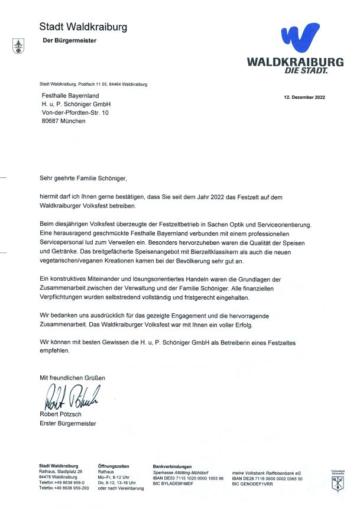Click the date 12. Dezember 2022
click(304, 96)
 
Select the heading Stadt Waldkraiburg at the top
click(83, 27)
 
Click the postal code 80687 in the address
click(49, 121)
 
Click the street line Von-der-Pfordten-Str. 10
click(74, 112)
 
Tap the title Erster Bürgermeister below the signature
click(67, 423)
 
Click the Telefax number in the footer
click(64, 488)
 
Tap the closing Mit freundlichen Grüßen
click(73, 377)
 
